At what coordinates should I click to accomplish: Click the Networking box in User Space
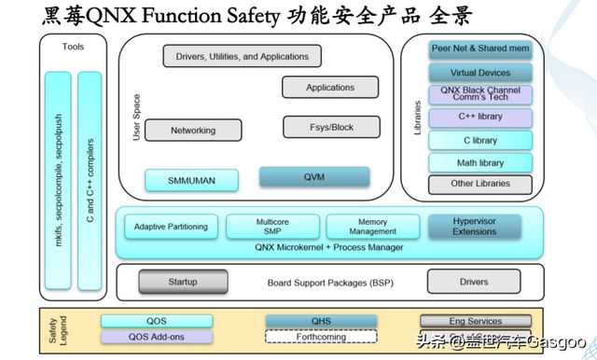193,131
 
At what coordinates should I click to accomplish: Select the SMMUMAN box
193,179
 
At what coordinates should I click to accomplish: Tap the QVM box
314,176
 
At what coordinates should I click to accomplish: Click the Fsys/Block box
331,127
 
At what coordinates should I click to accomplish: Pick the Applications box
331,88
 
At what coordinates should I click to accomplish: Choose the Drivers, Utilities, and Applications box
242,57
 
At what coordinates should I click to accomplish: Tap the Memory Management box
373,227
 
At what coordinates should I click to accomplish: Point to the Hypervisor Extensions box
474,227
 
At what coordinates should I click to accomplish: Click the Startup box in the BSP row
183,281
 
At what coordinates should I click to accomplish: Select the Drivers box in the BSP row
474,281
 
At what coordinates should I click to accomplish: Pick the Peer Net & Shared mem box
480,49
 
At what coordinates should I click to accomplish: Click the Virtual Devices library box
480,72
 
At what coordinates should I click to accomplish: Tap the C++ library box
480,118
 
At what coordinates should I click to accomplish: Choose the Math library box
480,162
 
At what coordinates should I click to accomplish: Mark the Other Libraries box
480,184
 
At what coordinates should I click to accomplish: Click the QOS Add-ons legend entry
157,337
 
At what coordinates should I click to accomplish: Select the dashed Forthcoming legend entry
321,337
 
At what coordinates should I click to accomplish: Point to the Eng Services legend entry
475,321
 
